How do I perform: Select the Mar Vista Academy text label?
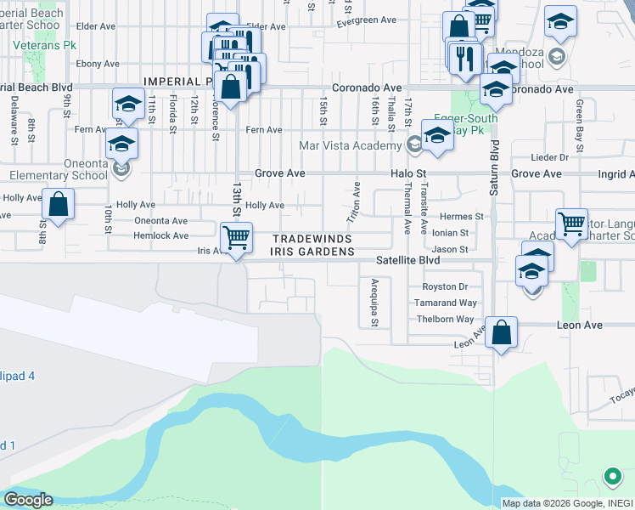[350, 145]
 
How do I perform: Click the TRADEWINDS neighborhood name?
[312, 239]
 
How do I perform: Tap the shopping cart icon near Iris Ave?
[235, 237]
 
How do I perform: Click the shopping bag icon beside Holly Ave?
[58, 204]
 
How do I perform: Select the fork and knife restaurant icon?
[464, 57]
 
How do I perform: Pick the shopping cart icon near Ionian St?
[572, 224]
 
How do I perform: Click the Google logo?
[27, 500]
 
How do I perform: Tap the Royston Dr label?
[445, 286]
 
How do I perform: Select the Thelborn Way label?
[445, 319]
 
